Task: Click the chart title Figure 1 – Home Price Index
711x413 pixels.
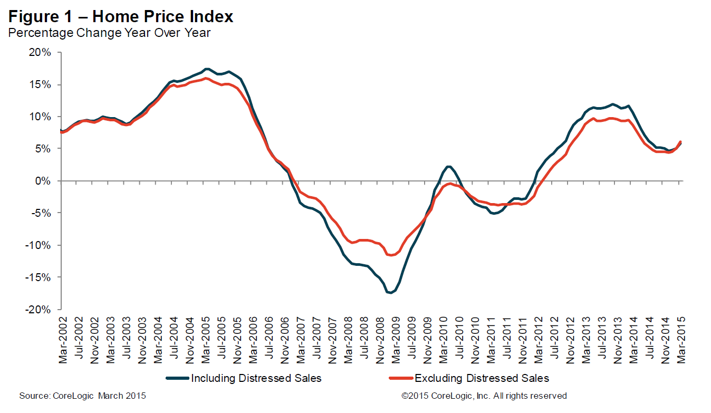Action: pos(121,17)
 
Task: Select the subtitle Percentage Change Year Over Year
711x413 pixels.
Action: pos(109,33)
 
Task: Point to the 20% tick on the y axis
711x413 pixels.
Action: pos(40,53)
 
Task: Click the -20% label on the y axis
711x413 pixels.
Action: pos(39,310)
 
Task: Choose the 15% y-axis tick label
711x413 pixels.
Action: pos(40,85)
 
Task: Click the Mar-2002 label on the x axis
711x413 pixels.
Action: pos(63,340)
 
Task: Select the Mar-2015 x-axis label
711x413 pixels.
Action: pos(681,340)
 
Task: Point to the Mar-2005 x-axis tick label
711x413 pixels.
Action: pos(206,340)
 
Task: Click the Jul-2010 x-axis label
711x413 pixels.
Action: pos(459,340)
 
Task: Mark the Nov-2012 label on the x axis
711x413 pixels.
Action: pos(570,340)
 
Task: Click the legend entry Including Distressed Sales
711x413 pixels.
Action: pos(256,378)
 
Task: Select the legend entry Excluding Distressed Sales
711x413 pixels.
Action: pos(482,378)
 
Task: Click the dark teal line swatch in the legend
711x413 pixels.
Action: pos(177,378)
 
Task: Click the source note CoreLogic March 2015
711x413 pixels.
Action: pos(82,396)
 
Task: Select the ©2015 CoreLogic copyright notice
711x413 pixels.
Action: pos(484,396)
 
